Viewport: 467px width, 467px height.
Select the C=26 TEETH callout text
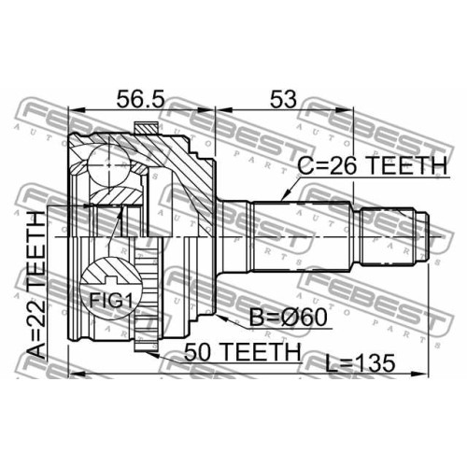coord(373,165)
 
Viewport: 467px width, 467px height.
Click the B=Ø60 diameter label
coord(289,317)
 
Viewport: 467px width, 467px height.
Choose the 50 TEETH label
coord(243,352)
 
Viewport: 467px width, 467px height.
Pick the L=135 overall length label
coord(361,363)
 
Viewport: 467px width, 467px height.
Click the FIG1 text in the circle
coord(111,301)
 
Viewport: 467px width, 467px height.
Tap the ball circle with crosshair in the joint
coord(108,165)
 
